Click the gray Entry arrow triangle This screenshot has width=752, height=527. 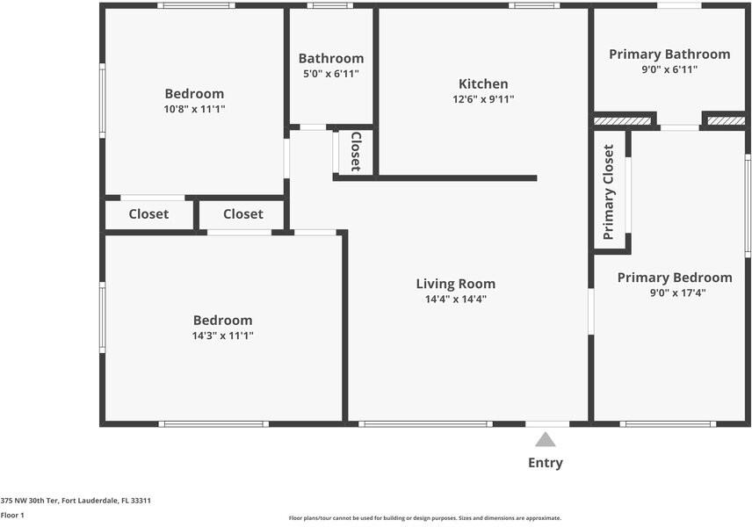(x=546, y=439)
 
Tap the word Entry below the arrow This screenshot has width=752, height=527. (x=546, y=463)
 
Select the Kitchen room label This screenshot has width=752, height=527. (x=483, y=84)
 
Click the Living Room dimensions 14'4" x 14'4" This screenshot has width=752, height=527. (x=456, y=300)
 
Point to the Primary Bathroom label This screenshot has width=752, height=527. (x=669, y=54)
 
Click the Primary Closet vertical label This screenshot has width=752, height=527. (x=608, y=191)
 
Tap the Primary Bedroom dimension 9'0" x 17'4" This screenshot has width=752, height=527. (x=677, y=292)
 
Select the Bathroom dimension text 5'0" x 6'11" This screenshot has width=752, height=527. (x=331, y=74)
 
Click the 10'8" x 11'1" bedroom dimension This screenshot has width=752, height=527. (x=194, y=109)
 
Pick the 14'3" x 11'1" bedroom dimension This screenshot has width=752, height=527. (x=222, y=336)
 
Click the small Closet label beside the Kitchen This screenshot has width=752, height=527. (x=356, y=152)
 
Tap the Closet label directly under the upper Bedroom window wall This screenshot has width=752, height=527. (x=148, y=213)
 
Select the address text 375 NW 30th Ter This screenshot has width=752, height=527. (x=29, y=501)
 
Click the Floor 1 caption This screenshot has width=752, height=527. (x=12, y=515)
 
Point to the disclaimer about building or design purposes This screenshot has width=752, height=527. (x=425, y=518)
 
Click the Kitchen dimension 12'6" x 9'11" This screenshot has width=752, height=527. (x=483, y=99)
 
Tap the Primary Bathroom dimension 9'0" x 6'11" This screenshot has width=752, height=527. (x=669, y=69)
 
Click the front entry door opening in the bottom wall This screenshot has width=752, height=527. (x=547, y=424)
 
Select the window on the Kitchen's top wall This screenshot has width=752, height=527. (x=534, y=5)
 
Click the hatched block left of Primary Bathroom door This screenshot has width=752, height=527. (x=623, y=121)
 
